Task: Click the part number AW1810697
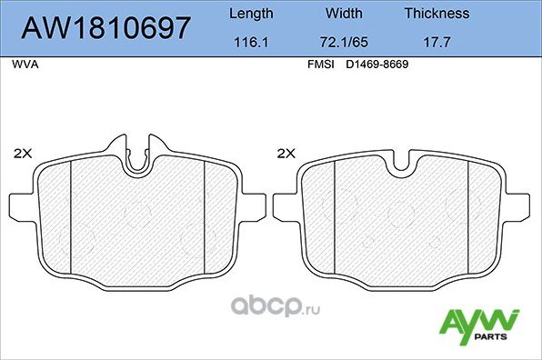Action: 105,27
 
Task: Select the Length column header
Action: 249,14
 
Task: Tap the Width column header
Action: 344,14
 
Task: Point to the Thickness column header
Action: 437,14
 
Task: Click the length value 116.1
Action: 249,43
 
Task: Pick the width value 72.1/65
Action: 344,43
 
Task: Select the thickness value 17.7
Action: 437,43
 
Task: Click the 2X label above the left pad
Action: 25,154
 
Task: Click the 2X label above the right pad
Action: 286,154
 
